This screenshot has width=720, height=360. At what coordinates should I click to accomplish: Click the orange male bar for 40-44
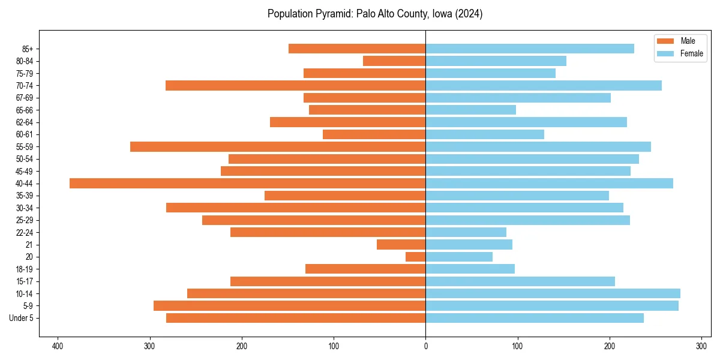(x=247, y=184)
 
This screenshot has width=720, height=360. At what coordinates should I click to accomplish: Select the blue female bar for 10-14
(x=553, y=293)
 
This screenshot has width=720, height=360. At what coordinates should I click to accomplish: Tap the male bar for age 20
(x=416, y=257)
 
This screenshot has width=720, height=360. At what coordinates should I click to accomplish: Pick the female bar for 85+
(x=530, y=49)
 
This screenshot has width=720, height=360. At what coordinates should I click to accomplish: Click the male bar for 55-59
(x=278, y=146)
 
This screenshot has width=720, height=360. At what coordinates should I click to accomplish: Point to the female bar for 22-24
(x=466, y=232)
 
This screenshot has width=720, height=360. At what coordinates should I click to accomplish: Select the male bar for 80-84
(x=394, y=61)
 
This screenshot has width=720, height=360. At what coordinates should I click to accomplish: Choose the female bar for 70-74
(x=544, y=85)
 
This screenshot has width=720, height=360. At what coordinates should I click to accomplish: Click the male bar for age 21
(x=401, y=244)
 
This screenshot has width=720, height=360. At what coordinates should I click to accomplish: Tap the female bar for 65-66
(x=470, y=110)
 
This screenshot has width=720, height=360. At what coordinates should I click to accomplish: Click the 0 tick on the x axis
(x=425, y=346)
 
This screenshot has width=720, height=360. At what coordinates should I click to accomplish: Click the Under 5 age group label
(x=25, y=318)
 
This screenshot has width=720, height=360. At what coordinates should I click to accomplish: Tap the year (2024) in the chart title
(x=468, y=14)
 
